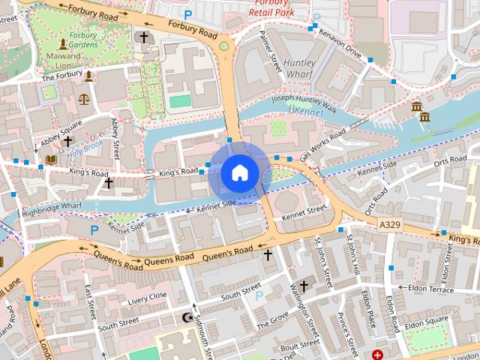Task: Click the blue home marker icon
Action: [239, 173]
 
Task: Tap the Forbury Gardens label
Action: [83, 39]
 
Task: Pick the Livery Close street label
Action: [147, 298]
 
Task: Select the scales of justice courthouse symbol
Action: [83, 98]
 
